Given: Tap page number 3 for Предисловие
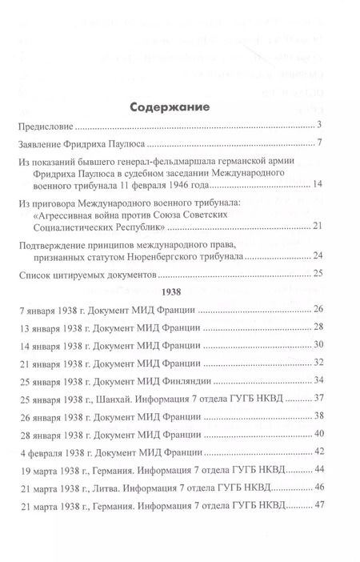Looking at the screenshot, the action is pos(318,125).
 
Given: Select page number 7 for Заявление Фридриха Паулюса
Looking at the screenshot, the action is pos(318,144).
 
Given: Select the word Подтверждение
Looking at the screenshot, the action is pos(54,245).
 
